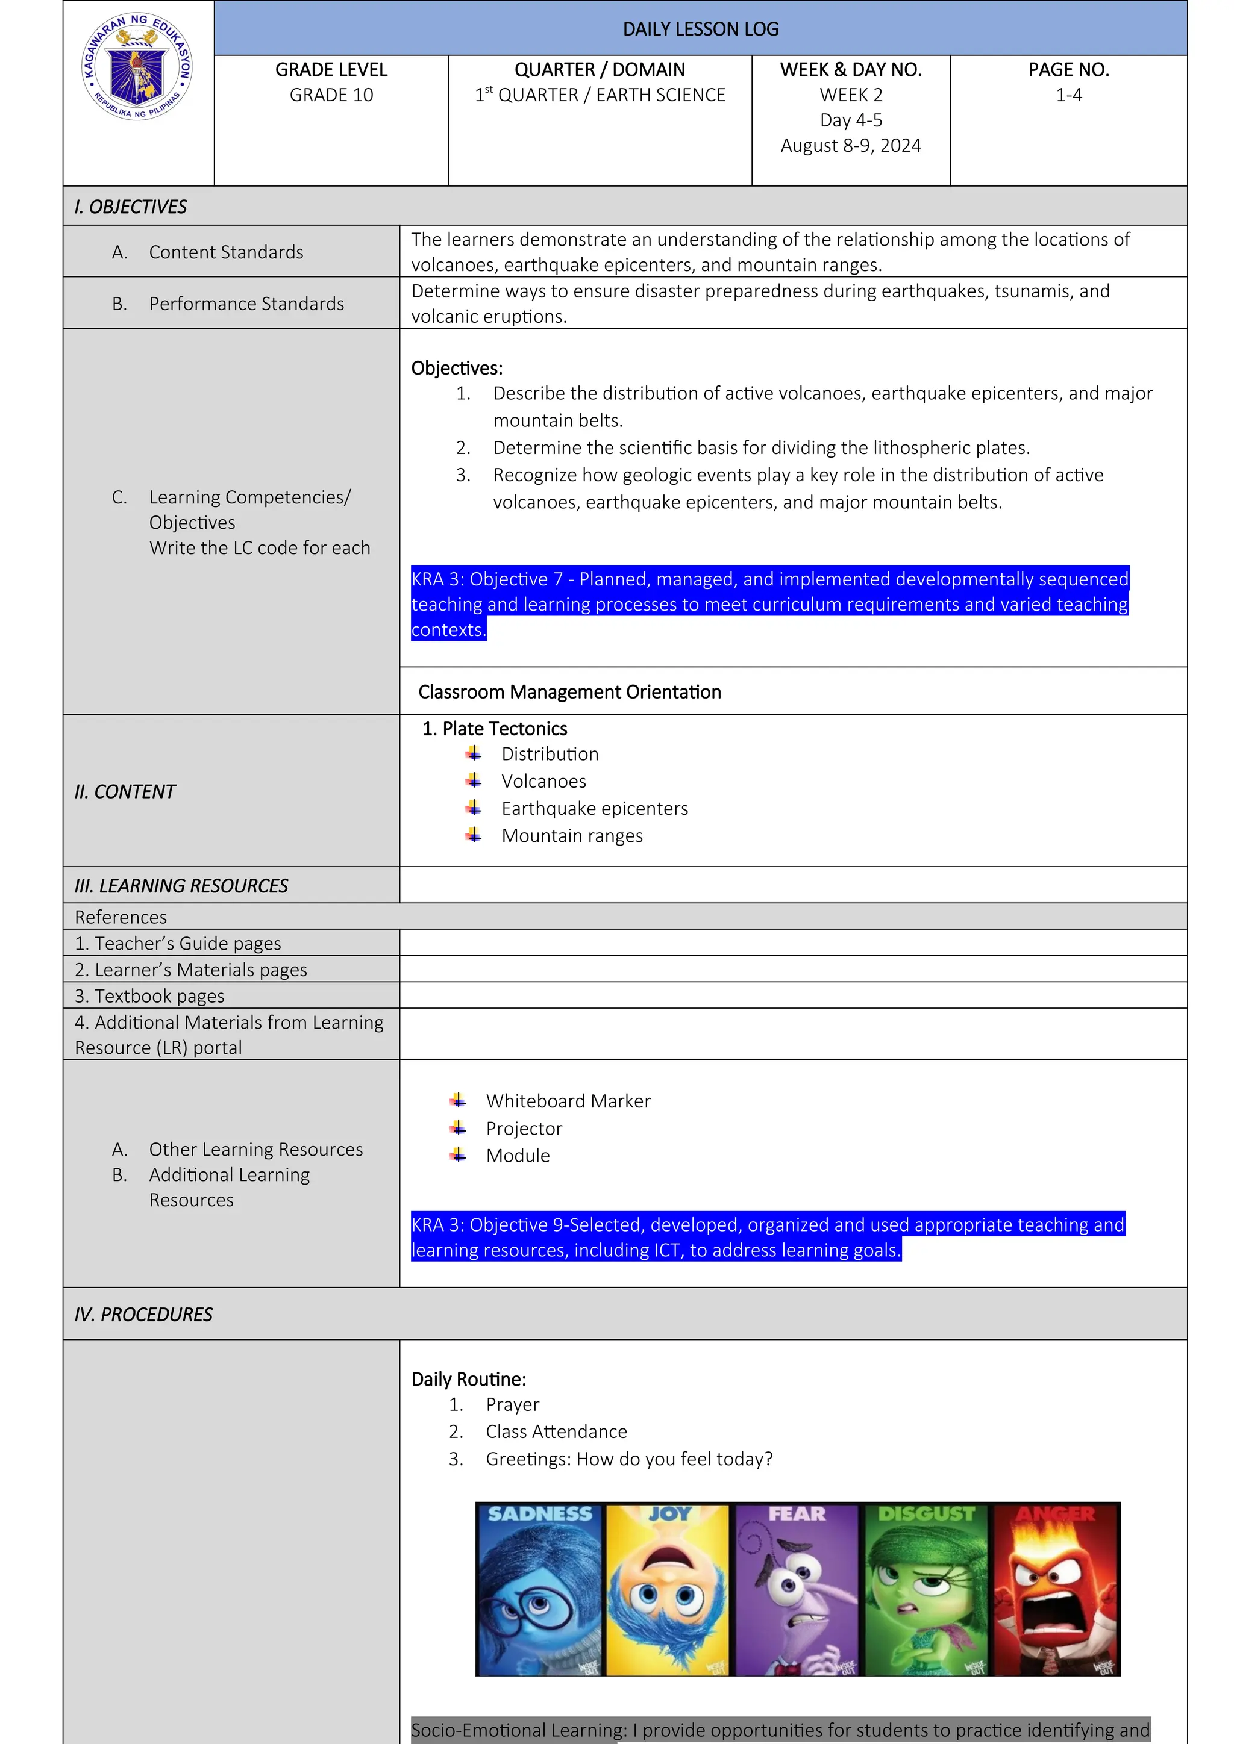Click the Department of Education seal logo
click(x=137, y=67)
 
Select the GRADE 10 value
click(x=331, y=95)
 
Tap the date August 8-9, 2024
click(x=850, y=145)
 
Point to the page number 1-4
click(x=1068, y=95)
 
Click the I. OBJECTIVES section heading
click(x=131, y=207)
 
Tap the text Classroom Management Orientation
click(x=569, y=692)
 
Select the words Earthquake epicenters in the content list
click(x=594, y=808)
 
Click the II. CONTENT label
click(x=125, y=791)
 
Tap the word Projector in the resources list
click(x=524, y=1128)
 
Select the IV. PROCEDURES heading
click(x=143, y=1314)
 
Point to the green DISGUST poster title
click(x=925, y=1514)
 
